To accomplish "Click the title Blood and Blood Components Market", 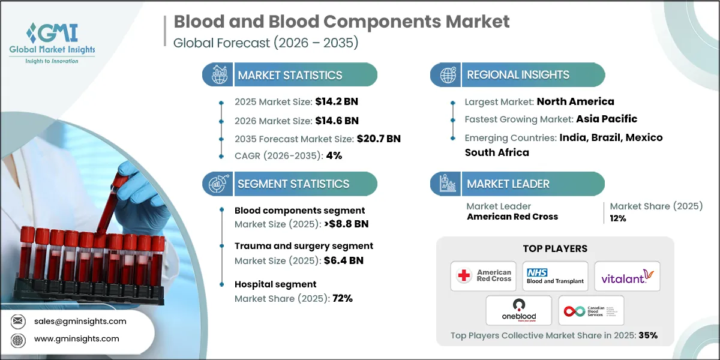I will [x=341, y=22].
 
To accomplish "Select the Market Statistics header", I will [x=290, y=75].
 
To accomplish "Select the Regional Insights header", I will [x=518, y=75].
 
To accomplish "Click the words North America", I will [x=575, y=101].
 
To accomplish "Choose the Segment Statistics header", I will [x=293, y=184].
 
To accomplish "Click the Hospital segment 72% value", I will [x=342, y=298].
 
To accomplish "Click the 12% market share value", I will [x=617, y=218].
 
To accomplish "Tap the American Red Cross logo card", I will [x=484, y=276].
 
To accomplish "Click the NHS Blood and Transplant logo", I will [x=555, y=276].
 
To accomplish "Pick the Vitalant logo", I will [x=627, y=276].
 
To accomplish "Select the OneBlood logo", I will [x=519, y=310].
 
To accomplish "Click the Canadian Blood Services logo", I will [x=591, y=310].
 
